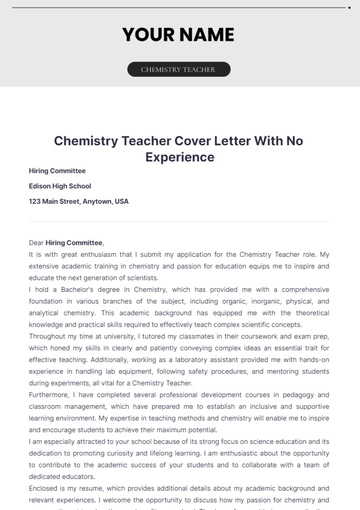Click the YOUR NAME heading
pyautogui.click(x=178, y=35)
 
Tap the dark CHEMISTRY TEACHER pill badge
pyautogui.click(x=178, y=70)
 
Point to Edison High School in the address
pyautogui.click(x=59, y=186)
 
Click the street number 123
pyautogui.click(x=36, y=201)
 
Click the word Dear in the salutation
pyautogui.click(x=36, y=242)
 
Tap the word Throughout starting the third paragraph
pyautogui.click(x=49, y=336)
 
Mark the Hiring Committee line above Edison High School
pyautogui.click(x=58, y=171)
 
